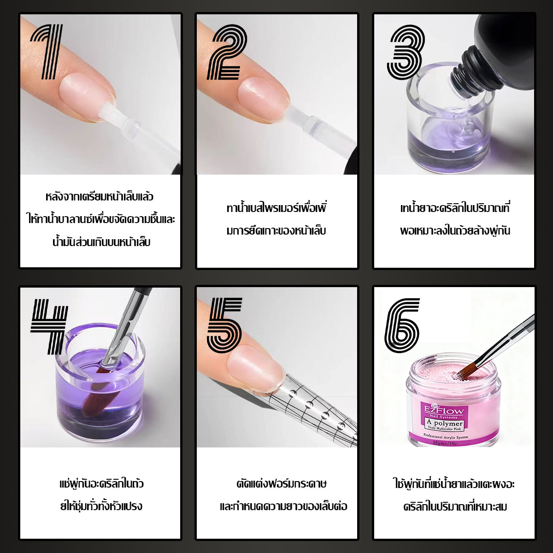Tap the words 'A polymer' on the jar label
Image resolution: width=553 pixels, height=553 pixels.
445,423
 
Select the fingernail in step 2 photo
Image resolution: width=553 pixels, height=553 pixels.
264,100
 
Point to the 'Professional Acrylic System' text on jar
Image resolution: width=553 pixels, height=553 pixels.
446,437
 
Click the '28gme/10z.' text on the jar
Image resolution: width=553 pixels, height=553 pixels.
445,443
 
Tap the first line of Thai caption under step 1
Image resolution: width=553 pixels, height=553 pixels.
100,197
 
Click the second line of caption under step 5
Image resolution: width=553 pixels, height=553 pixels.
283,506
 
